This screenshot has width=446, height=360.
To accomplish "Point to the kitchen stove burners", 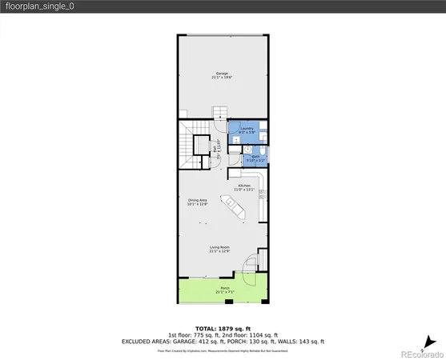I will pyautogui.click(x=262, y=193).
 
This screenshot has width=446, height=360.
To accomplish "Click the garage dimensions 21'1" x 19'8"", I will pyautogui.click(x=222, y=77).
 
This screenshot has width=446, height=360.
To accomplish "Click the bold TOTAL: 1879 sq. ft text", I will pyautogui.click(x=223, y=328).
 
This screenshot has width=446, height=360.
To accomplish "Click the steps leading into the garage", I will pyautogui.click(x=219, y=114).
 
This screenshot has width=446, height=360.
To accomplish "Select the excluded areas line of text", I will pyautogui.click(x=223, y=342).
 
